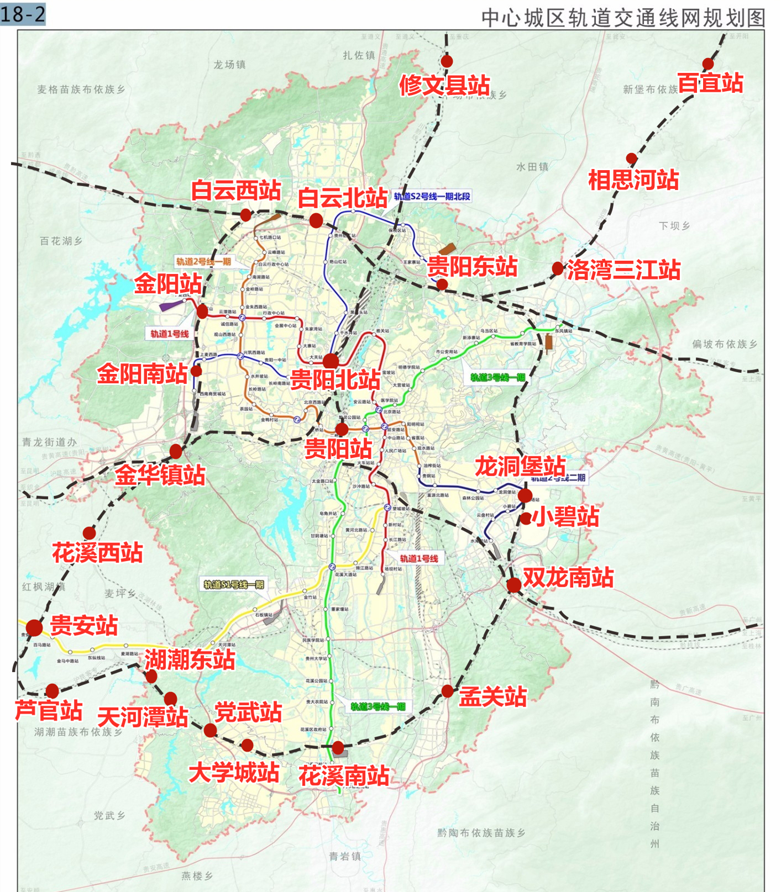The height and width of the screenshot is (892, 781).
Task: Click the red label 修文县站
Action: tap(445, 86)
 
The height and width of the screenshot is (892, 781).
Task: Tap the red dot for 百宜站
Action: tap(708, 64)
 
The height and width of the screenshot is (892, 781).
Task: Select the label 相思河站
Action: tap(633, 180)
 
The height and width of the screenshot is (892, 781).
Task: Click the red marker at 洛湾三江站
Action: tap(558, 269)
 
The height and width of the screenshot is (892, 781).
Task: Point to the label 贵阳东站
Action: tap(473, 266)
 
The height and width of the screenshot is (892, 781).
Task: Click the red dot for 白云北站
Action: tap(316, 221)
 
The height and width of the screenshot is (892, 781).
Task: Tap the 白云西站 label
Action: tap(236, 190)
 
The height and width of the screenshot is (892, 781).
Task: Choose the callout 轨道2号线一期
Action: tap(203, 262)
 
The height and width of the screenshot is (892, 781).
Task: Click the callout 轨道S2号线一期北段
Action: tap(432, 196)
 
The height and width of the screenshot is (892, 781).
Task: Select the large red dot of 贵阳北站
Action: tap(331, 361)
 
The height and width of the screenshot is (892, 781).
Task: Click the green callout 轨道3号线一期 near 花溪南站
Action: tap(378, 706)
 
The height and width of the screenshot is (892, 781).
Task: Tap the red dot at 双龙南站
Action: tap(514, 585)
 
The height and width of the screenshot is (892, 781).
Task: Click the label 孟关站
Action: tap(492, 696)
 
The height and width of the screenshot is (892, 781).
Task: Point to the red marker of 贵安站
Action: tap(34, 627)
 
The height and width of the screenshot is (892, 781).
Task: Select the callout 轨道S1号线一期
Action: tap(234, 584)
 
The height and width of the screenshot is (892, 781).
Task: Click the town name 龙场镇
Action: tap(229, 65)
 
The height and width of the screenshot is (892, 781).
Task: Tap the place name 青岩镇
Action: tap(345, 856)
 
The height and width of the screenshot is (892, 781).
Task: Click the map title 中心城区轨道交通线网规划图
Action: tap(623, 18)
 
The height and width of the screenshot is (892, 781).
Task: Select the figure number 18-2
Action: tap(23, 14)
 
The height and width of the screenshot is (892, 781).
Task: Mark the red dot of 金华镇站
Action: tap(176, 452)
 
